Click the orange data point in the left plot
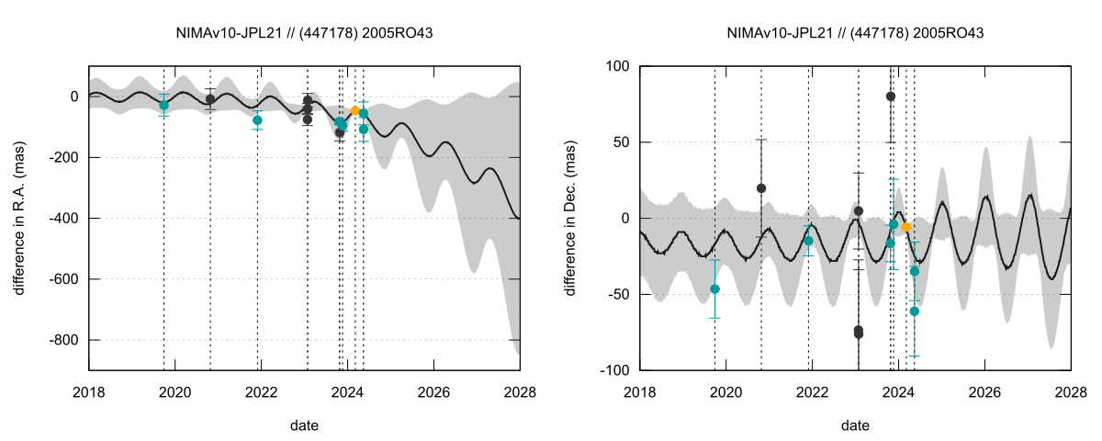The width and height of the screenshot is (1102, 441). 355,110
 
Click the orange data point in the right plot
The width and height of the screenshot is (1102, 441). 905,227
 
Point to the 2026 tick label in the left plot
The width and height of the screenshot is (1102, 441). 433,392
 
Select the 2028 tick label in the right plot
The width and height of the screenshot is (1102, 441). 1071,392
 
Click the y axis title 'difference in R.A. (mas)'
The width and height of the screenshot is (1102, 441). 19,218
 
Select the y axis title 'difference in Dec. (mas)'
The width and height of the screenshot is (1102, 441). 570,218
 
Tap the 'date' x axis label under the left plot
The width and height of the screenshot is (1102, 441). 304,426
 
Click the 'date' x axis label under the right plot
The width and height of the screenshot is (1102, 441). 855,426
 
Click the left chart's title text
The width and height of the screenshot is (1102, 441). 304,33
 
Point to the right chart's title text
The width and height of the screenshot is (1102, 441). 855,33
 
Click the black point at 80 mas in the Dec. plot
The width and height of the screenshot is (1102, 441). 891,96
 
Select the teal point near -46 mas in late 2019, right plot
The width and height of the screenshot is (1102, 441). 715,289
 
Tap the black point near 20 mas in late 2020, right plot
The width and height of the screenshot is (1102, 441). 761,188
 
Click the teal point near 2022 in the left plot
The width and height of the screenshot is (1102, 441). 258,120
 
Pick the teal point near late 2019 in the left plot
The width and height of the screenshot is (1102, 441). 164,106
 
